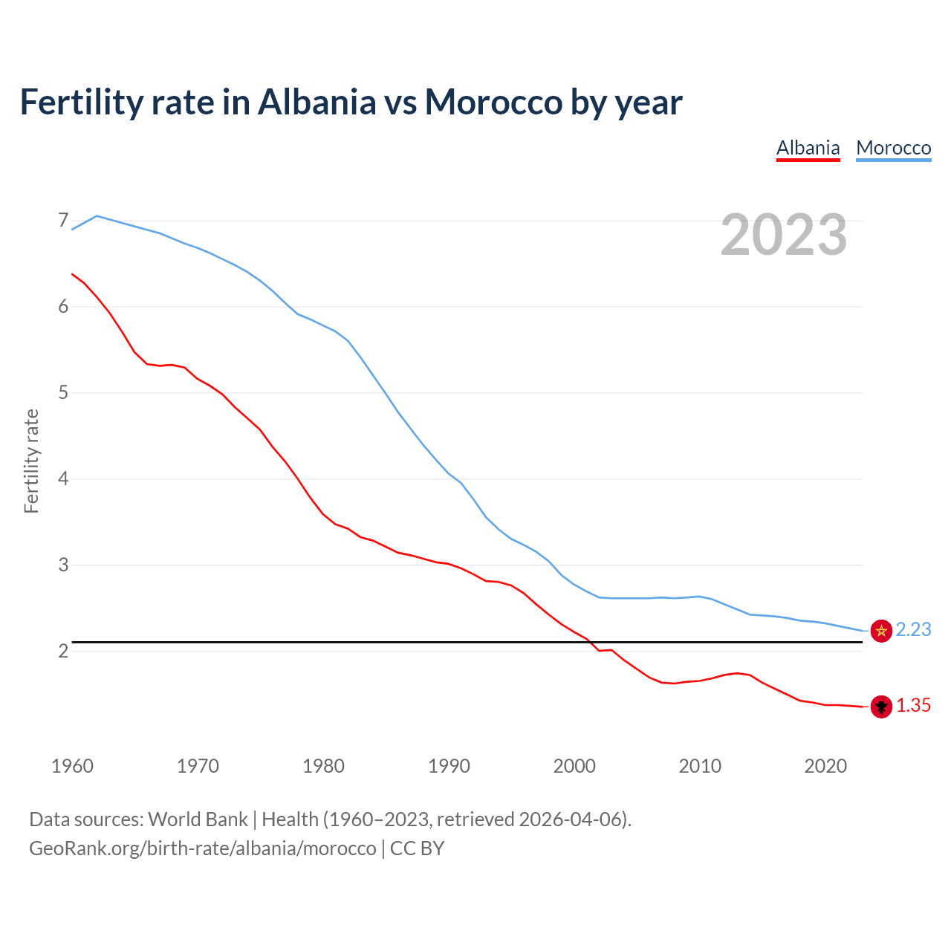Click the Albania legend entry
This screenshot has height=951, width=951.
coord(808,148)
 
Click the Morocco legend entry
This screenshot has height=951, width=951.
coord(893,148)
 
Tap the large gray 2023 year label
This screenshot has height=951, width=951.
coord(784,235)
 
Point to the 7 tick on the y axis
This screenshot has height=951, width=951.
coord(63,221)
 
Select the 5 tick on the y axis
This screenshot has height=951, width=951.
coord(63,392)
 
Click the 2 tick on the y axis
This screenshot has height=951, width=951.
coord(63,651)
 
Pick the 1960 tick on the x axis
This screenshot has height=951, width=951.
coord(72,766)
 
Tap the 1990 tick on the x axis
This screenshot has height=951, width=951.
coord(449,766)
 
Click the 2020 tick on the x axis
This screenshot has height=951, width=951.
coord(825,766)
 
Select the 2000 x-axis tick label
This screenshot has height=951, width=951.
coord(574,766)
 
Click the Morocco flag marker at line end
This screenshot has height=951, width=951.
coord(881,631)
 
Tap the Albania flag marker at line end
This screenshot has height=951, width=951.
coord(881,707)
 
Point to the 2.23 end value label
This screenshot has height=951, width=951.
coord(913,630)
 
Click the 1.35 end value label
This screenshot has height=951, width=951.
coord(913,706)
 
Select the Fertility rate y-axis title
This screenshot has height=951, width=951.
coord(31,461)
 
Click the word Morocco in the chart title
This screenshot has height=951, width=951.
coord(493,102)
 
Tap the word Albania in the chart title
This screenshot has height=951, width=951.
coord(317,102)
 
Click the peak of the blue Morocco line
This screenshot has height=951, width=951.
coord(97,215)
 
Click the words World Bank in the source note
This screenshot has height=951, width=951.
coord(198,819)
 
